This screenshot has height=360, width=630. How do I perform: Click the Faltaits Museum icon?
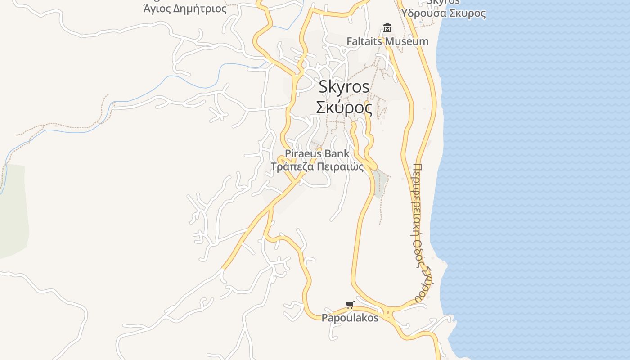tap(387, 28)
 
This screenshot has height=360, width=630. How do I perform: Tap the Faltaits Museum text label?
tap(387, 41)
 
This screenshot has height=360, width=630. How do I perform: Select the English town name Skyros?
tap(344, 87)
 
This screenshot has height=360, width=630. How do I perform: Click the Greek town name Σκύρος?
tap(344, 108)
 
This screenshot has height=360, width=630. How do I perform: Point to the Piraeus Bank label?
tap(317, 153)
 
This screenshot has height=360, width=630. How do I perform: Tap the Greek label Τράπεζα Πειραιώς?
tap(317, 166)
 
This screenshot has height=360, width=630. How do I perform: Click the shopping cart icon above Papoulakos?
tap(350, 305)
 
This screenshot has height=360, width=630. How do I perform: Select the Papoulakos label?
tap(350, 318)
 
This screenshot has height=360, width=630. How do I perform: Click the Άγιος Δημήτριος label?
tap(184, 9)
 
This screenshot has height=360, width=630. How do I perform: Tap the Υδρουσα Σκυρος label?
tap(444, 13)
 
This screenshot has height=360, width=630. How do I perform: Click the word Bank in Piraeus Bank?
tap(337, 153)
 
